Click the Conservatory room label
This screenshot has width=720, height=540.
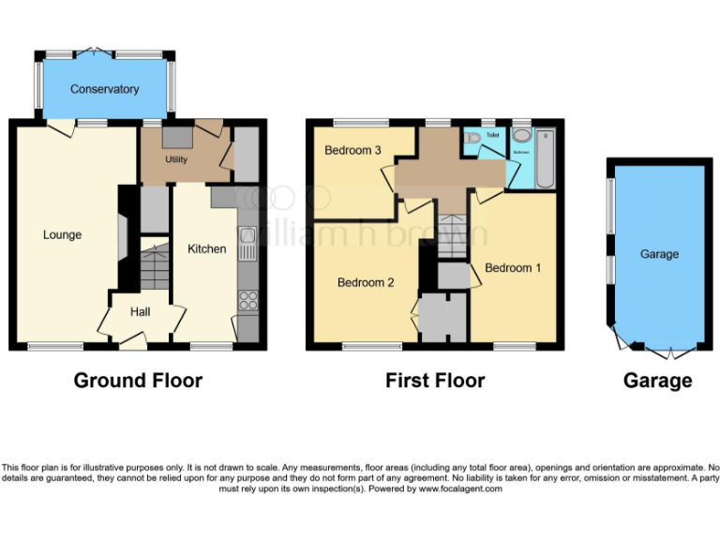tap(104, 89)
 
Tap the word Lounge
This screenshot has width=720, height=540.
tap(62, 234)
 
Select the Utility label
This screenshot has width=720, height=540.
tap(176, 159)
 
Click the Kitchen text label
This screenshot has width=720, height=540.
tap(207, 248)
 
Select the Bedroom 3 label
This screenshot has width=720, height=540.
tap(352, 150)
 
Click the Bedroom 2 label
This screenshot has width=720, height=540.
tap(366, 282)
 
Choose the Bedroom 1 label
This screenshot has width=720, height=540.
tap(513, 268)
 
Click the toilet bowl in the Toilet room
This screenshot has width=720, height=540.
tap(473, 139)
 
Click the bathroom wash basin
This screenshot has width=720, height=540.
tap(521, 134)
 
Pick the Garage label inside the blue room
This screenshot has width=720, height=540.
tap(659, 254)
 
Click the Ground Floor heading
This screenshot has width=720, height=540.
tap(138, 381)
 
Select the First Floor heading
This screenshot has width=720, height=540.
tap(435, 381)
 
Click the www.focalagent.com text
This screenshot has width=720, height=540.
tap(460, 488)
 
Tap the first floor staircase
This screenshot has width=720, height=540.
tap(454, 230)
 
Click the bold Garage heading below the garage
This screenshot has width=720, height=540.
tap(658, 381)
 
